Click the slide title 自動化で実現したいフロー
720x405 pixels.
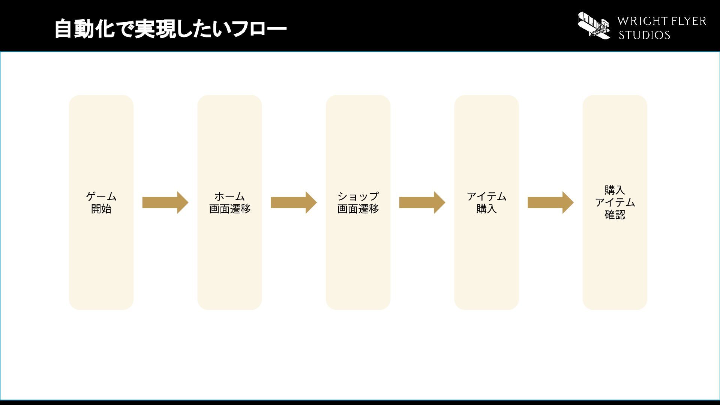171,29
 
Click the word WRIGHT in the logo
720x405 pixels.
641,21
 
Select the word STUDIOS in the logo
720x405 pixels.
644,35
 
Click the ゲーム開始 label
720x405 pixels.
101,202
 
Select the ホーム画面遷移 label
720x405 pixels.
229,202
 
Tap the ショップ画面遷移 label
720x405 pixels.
358,202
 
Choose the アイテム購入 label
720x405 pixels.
486,202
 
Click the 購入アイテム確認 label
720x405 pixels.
615,202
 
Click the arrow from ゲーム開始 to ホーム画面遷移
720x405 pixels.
165,202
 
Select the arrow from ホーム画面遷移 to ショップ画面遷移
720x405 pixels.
294,202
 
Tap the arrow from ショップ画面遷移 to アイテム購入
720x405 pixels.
422,202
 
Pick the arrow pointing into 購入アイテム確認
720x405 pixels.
550,202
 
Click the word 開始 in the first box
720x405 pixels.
101,209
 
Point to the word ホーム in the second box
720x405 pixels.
229,196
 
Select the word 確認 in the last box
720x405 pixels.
615,215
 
